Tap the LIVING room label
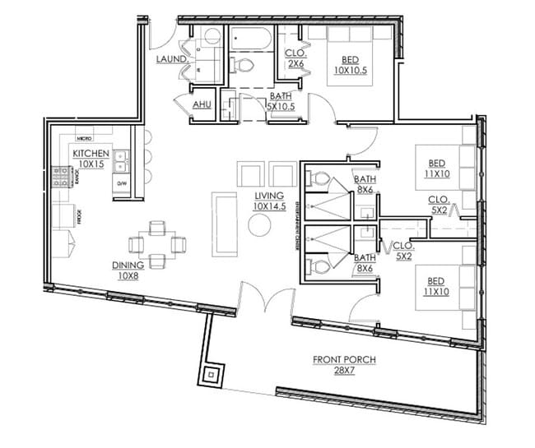(268, 201)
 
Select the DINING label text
(129, 270)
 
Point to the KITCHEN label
(91, 159)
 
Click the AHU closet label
(202, 105)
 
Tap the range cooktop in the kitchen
(60, 176)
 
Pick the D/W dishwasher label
(122, 182)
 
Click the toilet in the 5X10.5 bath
(244, 65)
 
